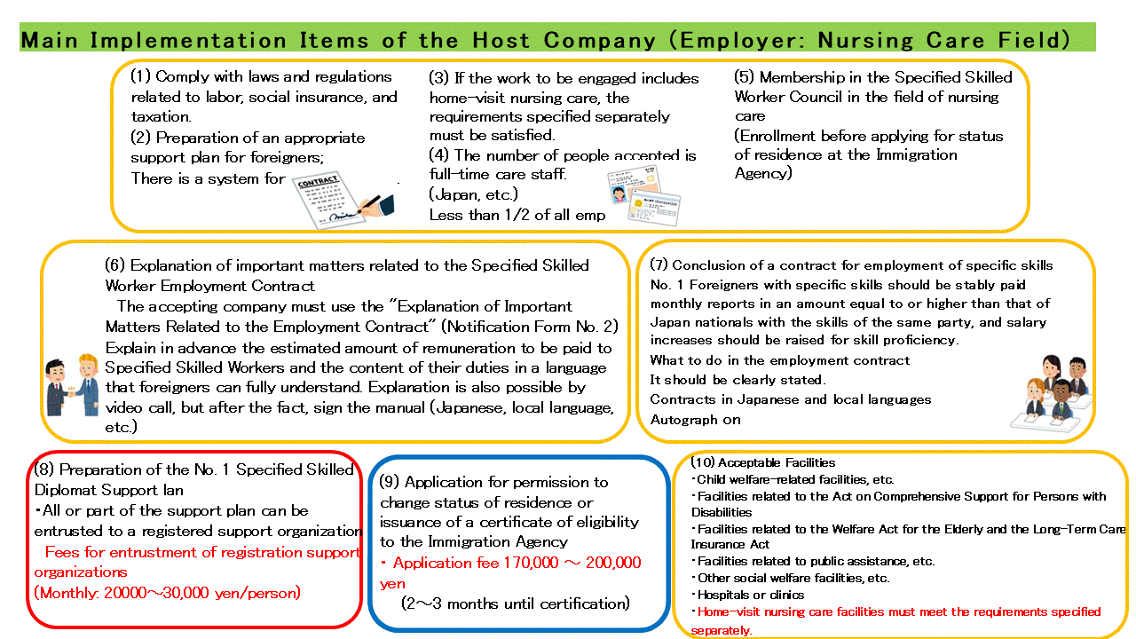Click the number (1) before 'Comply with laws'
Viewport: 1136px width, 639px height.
141,77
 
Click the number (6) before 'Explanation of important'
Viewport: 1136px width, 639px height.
115,265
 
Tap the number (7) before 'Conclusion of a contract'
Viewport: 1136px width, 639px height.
659,265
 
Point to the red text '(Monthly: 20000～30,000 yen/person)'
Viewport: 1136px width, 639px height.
167,593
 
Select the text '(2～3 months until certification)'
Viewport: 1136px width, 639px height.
515,603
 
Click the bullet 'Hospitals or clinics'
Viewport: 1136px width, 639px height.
751,595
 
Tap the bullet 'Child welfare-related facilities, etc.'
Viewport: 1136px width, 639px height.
795,479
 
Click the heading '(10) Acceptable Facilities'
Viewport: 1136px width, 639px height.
762,462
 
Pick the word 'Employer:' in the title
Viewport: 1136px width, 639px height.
742,41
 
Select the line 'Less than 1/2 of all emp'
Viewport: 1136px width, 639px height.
517,215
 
